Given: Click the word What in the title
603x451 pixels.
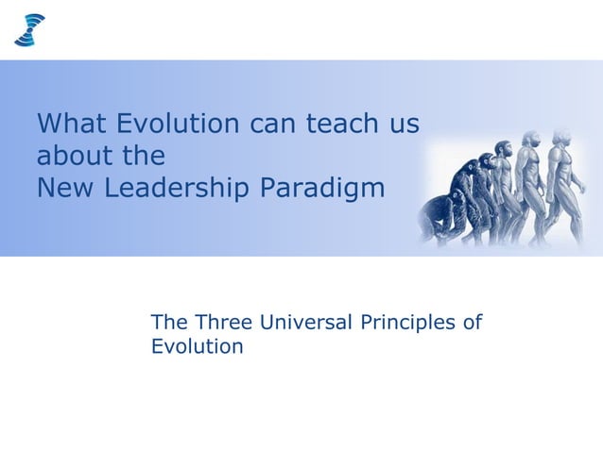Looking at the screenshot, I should point(72,124).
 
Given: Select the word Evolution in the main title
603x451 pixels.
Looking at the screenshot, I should point(179,124).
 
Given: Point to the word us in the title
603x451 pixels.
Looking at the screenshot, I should point(404,124).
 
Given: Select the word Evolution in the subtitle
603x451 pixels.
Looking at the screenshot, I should point(197,346).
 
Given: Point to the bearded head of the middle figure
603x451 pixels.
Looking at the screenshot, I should point(501,153).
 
